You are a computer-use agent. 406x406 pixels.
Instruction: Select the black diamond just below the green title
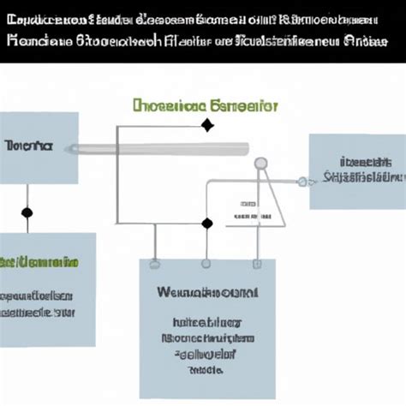pos(206,127)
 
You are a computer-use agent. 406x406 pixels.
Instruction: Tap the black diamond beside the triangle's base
pos(206,224)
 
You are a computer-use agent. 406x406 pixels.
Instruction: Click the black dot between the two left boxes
pos(27,212)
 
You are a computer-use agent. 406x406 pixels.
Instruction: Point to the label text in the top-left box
pos(27,146)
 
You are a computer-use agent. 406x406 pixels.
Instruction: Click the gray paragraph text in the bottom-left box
pos(39,303)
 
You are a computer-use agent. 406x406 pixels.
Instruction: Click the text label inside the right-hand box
pos(359,170)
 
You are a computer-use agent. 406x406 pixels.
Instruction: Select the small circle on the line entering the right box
pos(302,181)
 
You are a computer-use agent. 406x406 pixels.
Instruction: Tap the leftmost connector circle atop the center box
pos(153,262)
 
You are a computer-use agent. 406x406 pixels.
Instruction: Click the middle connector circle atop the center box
pos(206,262)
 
